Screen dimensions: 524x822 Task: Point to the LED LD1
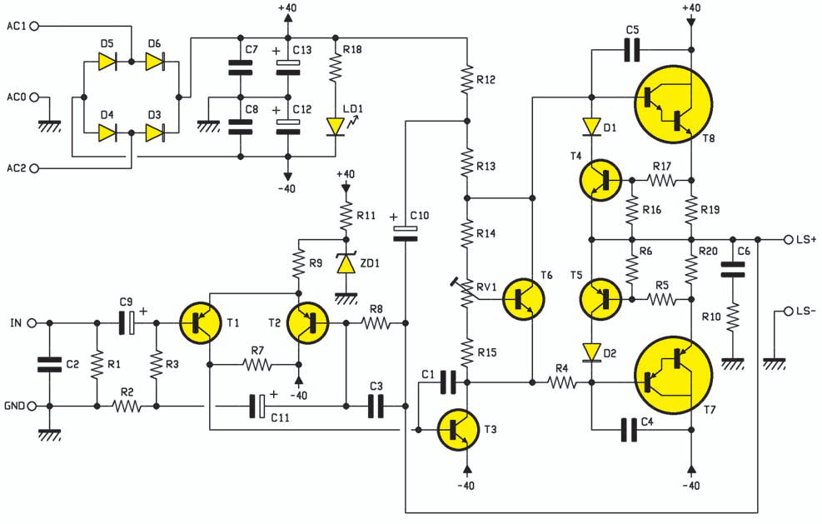pyautogui.click(x=335, y=126)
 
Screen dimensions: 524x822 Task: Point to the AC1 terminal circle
pyautogui.click(x=34, y=27)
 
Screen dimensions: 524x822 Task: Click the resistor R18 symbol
pyautogui.click(x=335, y=72)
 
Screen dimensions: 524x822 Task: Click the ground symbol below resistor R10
pyautogui.click(x=732, y=362)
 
